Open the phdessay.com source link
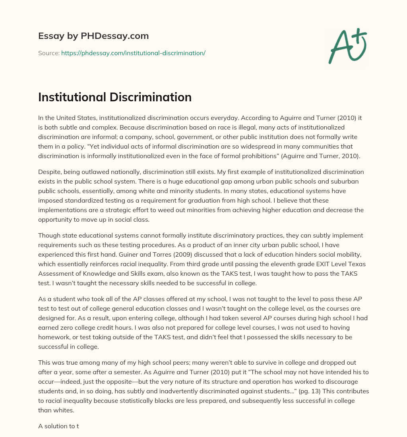[133, 53]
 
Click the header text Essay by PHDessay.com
[93, 36]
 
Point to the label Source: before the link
[48, 53]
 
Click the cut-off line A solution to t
[58, 426]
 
